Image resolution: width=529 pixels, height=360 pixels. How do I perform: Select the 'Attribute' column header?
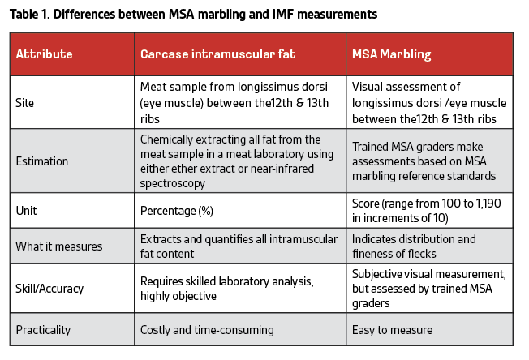(45, 54)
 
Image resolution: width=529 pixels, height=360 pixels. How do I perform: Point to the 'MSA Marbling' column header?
(392, 54)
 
